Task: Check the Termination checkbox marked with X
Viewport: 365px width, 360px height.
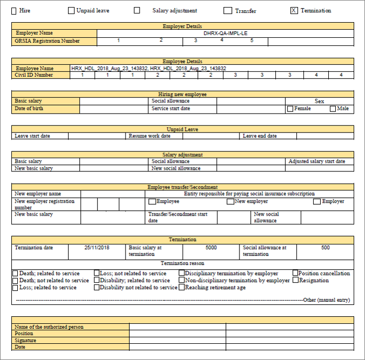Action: pos(294,11)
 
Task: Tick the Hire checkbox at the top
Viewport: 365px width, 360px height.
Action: pos(14,11)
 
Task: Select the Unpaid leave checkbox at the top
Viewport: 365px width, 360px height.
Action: pos(71,10)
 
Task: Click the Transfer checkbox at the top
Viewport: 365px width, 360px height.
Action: pos(228,11)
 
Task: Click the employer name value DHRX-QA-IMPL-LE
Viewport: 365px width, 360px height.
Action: pos(225,34)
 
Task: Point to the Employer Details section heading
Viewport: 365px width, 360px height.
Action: pos(182,26)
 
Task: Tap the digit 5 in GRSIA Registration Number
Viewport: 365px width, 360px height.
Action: pos(251,41)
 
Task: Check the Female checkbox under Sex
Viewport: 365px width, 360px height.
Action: pos(290,109)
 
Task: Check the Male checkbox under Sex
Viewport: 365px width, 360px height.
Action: pos(333,109)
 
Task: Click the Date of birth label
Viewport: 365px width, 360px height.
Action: pos(29,109)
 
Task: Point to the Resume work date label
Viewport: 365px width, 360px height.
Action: pos(149,136)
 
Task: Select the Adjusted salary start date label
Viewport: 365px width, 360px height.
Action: pos(316,162)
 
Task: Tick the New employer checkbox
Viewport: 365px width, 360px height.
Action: pos(230,202)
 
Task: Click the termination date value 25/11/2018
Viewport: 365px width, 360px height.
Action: pos(97,248)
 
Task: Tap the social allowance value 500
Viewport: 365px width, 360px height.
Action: pos(325,248)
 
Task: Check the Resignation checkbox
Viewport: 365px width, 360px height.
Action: pos(295,281)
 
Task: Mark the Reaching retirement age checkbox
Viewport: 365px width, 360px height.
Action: pos(182,288)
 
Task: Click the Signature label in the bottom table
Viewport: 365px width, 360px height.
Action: pos(26,341)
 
